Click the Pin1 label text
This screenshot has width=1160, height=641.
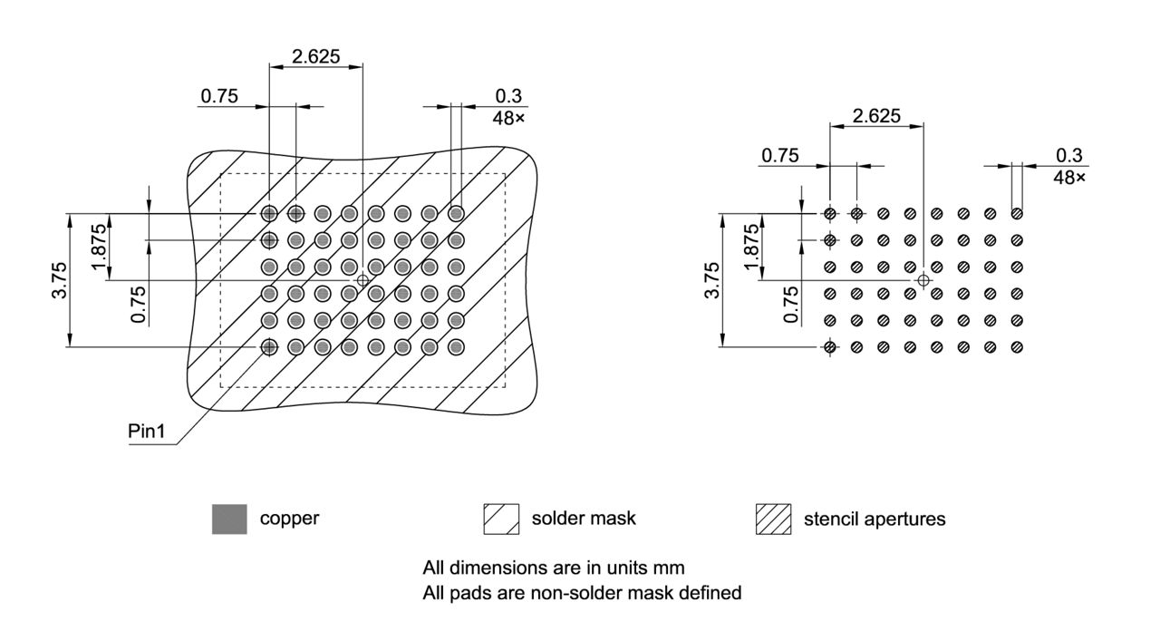(147, 432)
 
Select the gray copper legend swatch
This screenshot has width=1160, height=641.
(229, 519)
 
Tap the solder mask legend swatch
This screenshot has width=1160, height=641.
(501, 519)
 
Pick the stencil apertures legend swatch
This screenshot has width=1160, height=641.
(773, 519)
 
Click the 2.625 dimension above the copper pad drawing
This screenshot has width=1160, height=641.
(315, 56)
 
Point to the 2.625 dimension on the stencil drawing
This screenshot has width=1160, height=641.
(875, 115)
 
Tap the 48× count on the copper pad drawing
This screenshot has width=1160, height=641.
(508, 118)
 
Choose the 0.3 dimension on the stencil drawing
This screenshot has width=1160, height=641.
(1069, 155)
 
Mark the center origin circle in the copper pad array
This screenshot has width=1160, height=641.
(362, 280)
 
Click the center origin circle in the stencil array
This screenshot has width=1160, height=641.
(923, 280)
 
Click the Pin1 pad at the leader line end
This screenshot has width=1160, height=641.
(269, 346)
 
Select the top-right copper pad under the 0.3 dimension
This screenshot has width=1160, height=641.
(456, 213)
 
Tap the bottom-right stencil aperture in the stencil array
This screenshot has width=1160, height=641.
(1017, 346)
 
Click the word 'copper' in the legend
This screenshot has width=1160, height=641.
(289, 520)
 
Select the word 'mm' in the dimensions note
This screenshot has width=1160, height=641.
(672, 568)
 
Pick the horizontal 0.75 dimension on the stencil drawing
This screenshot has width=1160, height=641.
(779, 155)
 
